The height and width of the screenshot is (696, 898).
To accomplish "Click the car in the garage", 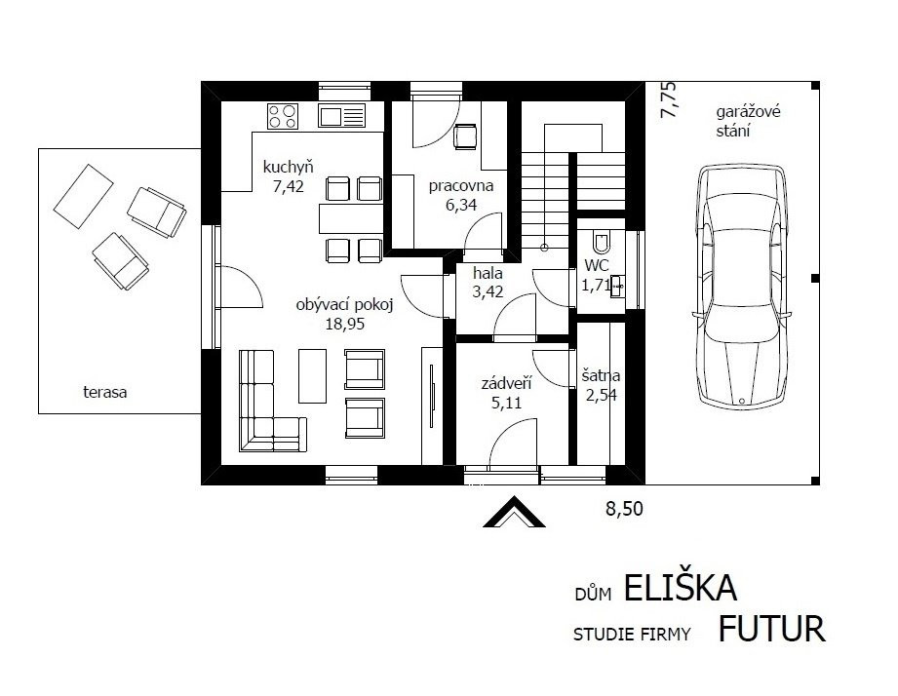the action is tap(742, 287).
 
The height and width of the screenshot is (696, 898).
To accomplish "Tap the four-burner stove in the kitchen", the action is tap(283, 116).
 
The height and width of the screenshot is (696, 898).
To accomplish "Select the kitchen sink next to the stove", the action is tap(342, 116).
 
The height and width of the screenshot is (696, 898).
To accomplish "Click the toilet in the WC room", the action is tap(602, 242).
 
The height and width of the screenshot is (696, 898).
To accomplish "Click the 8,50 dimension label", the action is tap(624, 508).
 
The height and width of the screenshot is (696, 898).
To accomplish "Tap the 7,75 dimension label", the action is tap(668, 100).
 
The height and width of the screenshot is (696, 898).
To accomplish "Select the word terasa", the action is tap(104, 393).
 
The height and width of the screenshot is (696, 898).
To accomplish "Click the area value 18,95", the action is tap(345, 324).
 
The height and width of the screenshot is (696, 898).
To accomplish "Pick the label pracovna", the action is tap(461, 186).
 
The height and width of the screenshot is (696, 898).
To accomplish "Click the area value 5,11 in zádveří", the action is tap(506, 403).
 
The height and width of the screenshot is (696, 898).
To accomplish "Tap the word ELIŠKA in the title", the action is tap(680, 587).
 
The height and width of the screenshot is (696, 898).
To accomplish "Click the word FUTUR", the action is tap(771, 629).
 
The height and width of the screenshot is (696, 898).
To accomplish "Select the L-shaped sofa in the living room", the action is tap(273, 402).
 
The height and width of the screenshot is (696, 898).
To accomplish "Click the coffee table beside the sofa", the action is tap(312, 376).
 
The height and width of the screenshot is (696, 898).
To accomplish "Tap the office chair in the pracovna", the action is tap(465, 136).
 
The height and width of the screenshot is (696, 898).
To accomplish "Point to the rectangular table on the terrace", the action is tap(83, 196).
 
